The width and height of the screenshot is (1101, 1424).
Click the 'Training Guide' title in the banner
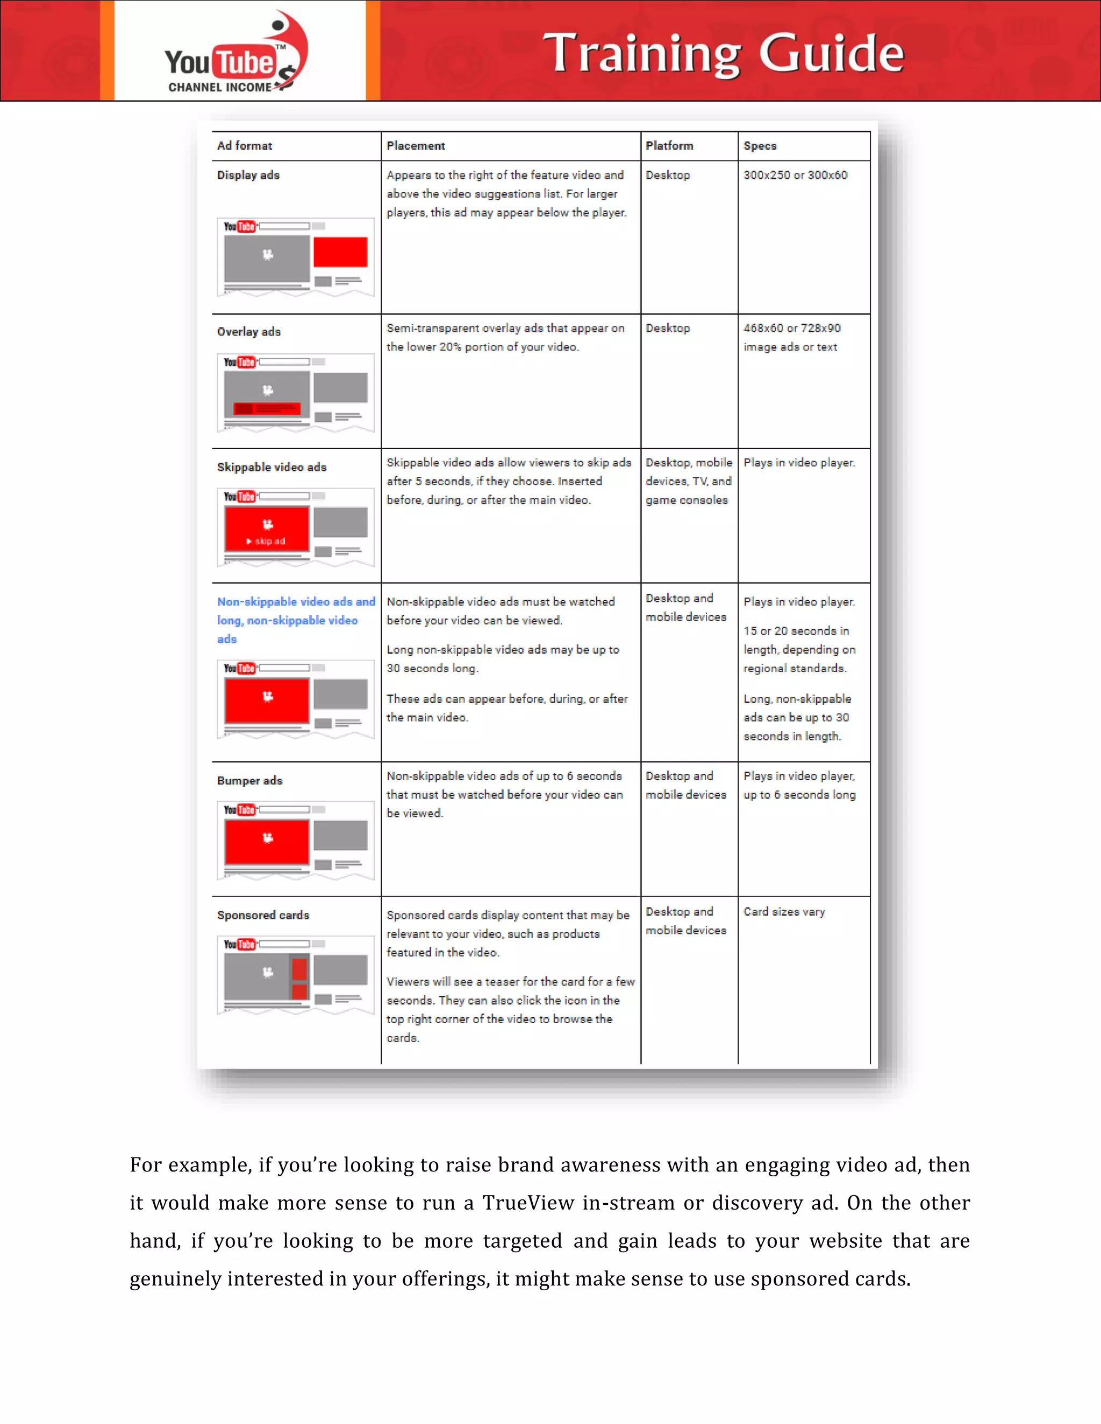pos(723,53)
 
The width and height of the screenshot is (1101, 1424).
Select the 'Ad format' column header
pos(245,146)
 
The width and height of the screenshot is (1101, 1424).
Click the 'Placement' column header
pos(416,146)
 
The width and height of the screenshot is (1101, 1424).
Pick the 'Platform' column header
pos(669,146)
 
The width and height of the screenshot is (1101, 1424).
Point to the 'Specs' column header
pos(760,146)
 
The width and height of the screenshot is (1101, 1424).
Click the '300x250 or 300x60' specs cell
pos(795,175)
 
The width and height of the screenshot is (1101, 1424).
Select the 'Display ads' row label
pos(248,175)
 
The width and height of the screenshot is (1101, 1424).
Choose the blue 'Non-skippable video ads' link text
pos(296,602)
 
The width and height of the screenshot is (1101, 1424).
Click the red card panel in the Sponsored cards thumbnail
pos(299,978)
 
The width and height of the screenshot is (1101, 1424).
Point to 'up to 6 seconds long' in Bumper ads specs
pos(799,795)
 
